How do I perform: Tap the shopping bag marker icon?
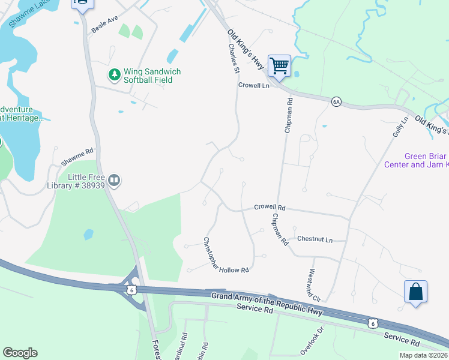(x=415, y=292)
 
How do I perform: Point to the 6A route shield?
(x=336, y=102)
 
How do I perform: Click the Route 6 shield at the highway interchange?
(x=131, y=290)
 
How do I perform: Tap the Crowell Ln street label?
(x=253, y=85)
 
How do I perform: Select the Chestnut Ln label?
(x=315, y=239)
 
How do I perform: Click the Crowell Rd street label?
(x=269, y=207)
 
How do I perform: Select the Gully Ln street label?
(x=400, y=127)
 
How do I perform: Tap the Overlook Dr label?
(x=312, y=339)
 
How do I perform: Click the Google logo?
(x=20, y=353)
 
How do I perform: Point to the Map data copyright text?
(x=423, y=355)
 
